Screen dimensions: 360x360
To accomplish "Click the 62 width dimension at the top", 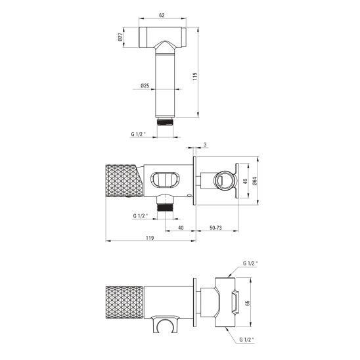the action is [162, 15].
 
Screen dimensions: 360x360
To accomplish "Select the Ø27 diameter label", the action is [120, 37].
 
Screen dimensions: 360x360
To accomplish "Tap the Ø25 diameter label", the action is [145, 86].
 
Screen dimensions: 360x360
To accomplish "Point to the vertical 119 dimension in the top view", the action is [195, 76].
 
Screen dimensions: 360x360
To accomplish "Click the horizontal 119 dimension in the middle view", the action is [150, 238].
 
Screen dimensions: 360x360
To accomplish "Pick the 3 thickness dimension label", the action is [205, 145].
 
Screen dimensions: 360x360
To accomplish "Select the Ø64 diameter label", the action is [255, 181].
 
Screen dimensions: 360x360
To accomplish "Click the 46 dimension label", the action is [245, 181].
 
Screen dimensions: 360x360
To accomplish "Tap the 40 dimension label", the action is [181, 228].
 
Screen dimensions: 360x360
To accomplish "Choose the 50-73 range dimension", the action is [215, 228].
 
